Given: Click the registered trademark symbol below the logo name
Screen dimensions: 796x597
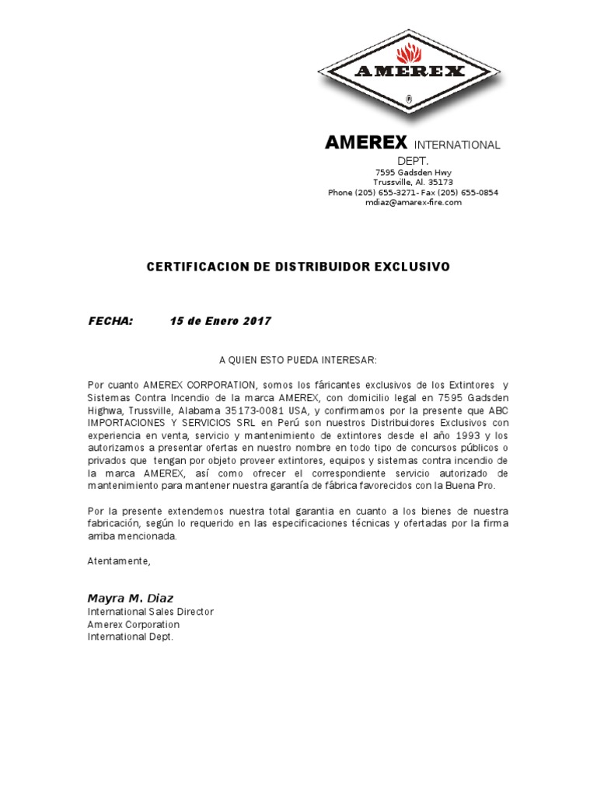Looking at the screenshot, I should click(x=409, y=99).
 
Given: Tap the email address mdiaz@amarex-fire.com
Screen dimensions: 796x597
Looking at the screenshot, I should click(x=414, y=202).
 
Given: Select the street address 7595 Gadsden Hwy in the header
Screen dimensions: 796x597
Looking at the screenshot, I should click(x=413, y=172).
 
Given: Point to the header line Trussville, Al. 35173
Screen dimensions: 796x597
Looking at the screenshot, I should click(x=413, y=182).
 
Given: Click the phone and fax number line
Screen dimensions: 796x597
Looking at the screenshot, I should click(x=413, y=192).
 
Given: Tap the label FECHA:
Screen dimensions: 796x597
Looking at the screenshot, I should click(x=110, y=321).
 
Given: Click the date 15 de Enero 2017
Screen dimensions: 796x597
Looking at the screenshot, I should click(x=221, y=321).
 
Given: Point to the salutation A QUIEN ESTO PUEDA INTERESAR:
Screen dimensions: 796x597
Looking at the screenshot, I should click(x=298, y=361).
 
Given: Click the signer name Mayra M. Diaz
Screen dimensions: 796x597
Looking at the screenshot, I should click(x=131, y=598).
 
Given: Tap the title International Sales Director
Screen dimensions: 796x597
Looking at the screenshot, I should click(x=150, y=612).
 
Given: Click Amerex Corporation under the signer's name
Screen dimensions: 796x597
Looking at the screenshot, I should click(x=133, y=624).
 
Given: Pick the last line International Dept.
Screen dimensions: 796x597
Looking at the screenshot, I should click(x=131, y=637).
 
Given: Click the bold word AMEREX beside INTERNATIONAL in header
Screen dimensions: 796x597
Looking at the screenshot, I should click(x=366, y=143).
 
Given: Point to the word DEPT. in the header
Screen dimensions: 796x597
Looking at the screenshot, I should click(x=413, y=159).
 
